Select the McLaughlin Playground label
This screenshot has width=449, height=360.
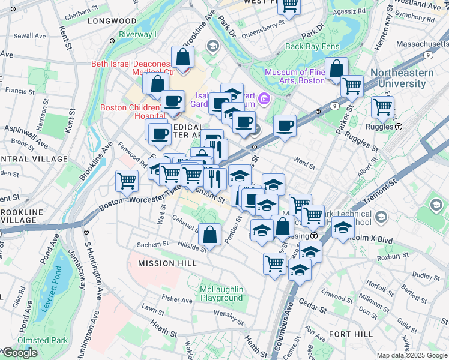(x=221, y=293)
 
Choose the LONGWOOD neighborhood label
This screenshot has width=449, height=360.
(x=112, y=20)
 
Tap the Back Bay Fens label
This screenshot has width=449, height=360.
(x=312, y=46)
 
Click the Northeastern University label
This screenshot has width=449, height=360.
(x=409, y=78)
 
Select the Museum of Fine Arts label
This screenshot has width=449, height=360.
(x=295, y=76)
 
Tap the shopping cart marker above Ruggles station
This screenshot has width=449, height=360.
(x=382, y=107)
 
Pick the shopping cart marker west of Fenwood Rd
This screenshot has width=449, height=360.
(x=127, y=179)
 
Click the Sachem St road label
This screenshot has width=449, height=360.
(x=153, y=245)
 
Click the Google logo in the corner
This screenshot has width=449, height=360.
(x=19, y=353)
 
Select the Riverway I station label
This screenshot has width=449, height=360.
(x=137, y=34)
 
